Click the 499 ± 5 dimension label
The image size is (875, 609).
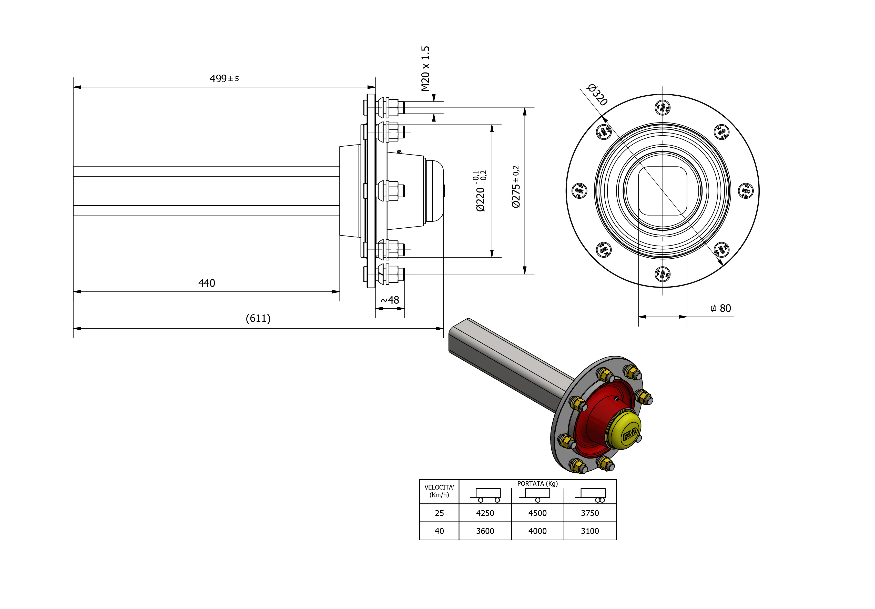(224, 78)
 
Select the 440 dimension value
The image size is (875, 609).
(207, 283)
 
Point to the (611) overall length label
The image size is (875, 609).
(258, 318)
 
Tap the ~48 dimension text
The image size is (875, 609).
(390, 300)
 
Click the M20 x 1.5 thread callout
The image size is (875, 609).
(425, 69)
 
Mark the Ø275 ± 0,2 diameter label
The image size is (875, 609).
(516, 187)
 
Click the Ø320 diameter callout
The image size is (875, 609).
(597, 95)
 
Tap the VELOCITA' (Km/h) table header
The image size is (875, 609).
(439, 491)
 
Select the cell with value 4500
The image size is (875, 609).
(537, 513)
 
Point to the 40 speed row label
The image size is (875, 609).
(439, 531)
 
